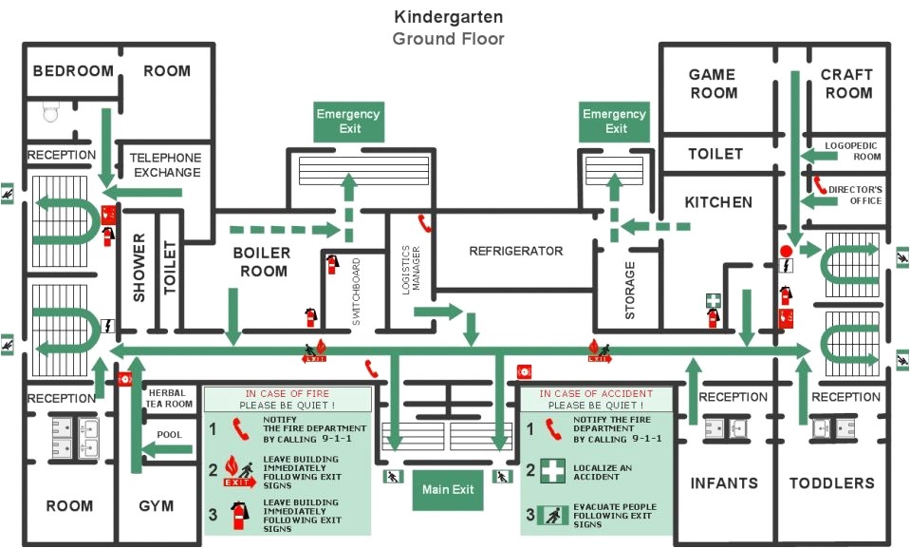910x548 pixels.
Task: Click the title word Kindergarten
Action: [449, 17]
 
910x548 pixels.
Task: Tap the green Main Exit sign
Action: [449, 490]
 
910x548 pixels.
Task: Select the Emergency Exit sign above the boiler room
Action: [348, 121]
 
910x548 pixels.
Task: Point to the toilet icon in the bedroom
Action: [51, 114]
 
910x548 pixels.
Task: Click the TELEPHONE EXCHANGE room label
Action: [166, 165]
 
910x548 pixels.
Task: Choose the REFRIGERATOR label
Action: [516, 252]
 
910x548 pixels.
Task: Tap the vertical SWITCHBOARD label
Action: [357, 292]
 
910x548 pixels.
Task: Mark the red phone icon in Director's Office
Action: [819, 183]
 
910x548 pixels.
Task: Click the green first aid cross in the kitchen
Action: [713, 300]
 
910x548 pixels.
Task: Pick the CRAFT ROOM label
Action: [847, 84]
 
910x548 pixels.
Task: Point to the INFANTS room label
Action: [724, 483]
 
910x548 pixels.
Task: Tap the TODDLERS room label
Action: [832, 483]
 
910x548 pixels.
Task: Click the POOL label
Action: [170, 435]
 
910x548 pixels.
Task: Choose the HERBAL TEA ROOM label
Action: [169, 397]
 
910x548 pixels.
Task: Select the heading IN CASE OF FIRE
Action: [288, 393]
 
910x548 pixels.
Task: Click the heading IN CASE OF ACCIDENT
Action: [596, 393]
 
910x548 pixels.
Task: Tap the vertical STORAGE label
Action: [630, 291]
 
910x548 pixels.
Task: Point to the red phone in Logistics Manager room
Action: [425, 224]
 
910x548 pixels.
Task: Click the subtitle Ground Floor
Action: [449, 39]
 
